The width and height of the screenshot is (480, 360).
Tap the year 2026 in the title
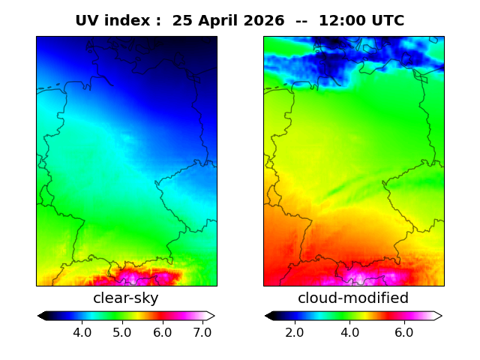pyautogui.click(x=264, y=21)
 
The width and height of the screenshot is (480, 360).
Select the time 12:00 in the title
pyautogui.click(x=342, y=21)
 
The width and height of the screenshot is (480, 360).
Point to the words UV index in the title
pyautogui.click(x=112, y=21)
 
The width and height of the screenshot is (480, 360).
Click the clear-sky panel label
pyautogui.click(x=126, y=298)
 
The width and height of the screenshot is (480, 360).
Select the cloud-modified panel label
pyautogui.click(x=353, y=298)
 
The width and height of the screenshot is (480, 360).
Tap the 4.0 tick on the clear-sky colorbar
pyautogui.click(x=82, y=332)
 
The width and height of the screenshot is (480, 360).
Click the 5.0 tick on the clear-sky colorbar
pyautogui.click(x=122, y=332)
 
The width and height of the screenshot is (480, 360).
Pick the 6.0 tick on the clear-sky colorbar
pyautogui.click(x=163, y=332)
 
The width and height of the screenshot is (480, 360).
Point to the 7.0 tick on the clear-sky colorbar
pyautogui.click(x=202, y=332)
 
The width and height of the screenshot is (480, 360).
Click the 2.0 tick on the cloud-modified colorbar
pyautogui.click(x=295, y=332)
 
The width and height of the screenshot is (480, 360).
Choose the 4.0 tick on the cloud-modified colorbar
pyautogui.click(x=350, y=332)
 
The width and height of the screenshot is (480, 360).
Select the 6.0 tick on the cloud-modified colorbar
pyautogui.click(x=404, y=332)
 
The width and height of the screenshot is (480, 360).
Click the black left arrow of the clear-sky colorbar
pyautogui.click(x=42, y=316)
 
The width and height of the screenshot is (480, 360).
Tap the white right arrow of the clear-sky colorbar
pyautogui.click(x=210, y=316)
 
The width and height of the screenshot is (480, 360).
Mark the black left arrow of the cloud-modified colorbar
pyautogui.click(x=270, y=316)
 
